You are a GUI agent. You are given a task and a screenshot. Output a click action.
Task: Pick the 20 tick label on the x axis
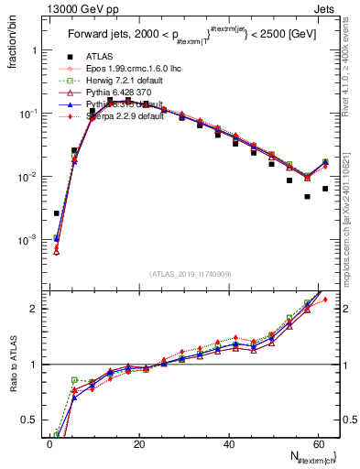(x=139, y=445)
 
